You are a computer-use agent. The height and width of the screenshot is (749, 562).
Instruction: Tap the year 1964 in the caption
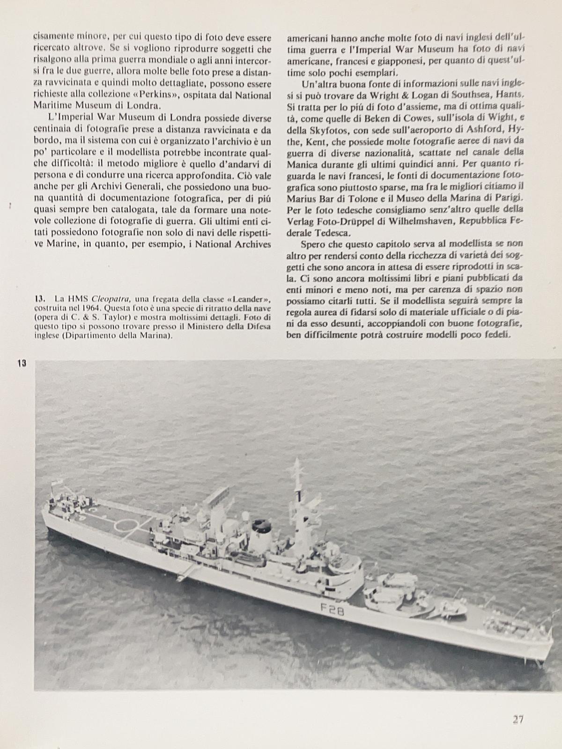[x=89, y=308]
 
